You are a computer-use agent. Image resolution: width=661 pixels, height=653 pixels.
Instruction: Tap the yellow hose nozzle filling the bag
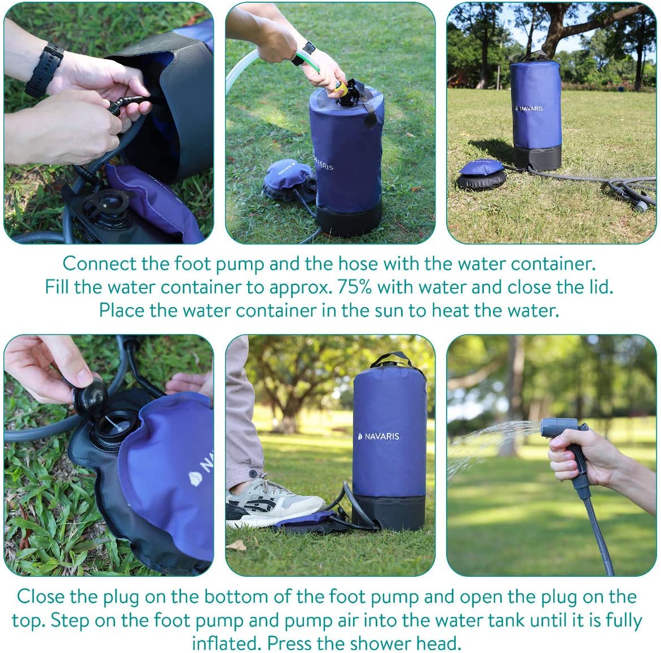(341, 87)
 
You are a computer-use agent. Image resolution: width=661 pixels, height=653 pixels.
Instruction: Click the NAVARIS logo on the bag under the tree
(530, 108)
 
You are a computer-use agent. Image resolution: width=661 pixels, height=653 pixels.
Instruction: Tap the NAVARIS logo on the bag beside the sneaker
(378, 436)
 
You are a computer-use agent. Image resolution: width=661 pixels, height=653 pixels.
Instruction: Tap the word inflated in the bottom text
(227, 644)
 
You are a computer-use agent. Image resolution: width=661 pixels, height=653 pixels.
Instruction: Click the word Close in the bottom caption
(41, 597)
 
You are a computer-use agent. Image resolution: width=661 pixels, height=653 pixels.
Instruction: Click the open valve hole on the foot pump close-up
(114, 426)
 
